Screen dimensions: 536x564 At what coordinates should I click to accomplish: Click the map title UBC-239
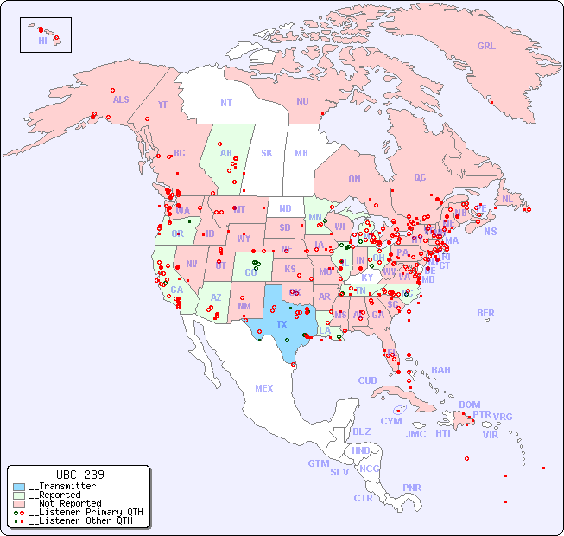tap(79, 475)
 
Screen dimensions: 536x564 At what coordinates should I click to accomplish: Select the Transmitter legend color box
tap(19, 487)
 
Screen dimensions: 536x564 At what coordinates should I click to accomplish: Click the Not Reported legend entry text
tap(66, 503)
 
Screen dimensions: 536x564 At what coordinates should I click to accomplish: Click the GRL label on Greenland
tap(486, 47)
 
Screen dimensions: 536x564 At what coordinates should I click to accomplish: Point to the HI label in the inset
tap(42, 41)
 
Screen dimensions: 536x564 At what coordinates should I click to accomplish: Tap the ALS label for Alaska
tap(121, 100)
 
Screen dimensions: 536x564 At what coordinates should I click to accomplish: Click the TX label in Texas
tap(282, 324)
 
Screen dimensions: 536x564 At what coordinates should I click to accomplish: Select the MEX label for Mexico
tap(264, 388)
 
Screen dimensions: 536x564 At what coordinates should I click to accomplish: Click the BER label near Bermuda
tap(486, 313)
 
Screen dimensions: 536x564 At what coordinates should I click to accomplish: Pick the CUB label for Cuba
tap(368, 380)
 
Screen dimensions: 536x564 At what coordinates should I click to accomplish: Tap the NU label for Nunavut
tap(302, 101)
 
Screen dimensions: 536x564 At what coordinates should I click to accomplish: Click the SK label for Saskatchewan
tap(267, 153)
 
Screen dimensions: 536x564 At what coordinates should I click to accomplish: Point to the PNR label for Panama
tap(412, 488)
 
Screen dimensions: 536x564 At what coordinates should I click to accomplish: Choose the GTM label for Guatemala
tap(318, 463)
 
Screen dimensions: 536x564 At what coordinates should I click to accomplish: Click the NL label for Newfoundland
tap(507, 199)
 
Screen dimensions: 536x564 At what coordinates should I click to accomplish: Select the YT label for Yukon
tap(162, 105)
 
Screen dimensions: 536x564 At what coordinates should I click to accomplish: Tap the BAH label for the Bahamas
tap(440, 370)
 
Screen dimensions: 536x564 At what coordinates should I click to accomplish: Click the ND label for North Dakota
tap(285, 208)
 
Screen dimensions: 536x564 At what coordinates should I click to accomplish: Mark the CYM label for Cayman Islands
tap(391, 421)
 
